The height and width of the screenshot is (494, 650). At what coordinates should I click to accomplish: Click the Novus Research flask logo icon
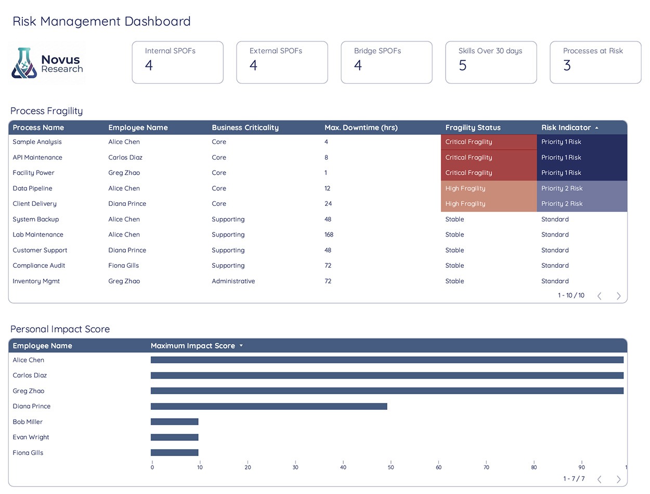pyautogui.click(x=24, y=63)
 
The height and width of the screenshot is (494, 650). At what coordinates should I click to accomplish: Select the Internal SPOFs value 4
pyautogui.click(x=149, y=65)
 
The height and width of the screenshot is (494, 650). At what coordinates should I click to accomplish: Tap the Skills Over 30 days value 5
pyautogui.click(x=462, y=65)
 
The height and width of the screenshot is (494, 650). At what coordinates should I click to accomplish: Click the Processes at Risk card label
pyautogui.click(x=593, y=51)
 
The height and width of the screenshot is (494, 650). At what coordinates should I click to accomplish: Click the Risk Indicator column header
pyautogui.click(x=566, y=127)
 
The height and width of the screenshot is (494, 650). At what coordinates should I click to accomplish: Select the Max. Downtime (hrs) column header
pyautogui.click(x=361, y=127)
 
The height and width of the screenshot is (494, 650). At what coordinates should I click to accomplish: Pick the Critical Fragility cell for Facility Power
pyautogui.click(x=489, y=173)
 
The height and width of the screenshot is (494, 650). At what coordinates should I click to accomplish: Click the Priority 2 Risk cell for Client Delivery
pyautogui.click(x=582, y=204)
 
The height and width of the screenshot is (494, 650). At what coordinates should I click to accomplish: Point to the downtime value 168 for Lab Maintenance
pyautogui.click(x=329, y=235)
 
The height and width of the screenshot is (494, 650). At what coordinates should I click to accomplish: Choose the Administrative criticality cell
pyautogui.click(x=233, y=281)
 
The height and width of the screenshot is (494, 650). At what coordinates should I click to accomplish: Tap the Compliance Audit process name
pyautogui.click(x=39, y=266)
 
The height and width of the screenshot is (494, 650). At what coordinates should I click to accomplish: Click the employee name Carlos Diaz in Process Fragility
pyautogui.click(x=125, y=158)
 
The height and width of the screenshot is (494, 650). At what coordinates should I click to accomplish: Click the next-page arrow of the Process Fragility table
pyautogui.click(x=619, y=296)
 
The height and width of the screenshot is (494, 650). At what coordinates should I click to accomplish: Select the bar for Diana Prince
pyautogui.click(x=269, y=407)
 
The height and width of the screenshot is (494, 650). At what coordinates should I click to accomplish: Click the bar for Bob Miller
pyautogui.click(x=174, y=422)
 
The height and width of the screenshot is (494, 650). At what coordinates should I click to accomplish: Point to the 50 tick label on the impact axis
pyautogui.click(x=391, y=467)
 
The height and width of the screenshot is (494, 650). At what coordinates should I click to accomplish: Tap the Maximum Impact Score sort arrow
pyautogui.click(x=241, y=345)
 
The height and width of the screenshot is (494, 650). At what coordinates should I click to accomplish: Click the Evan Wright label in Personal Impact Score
pyautogui.click(x=31, y=437)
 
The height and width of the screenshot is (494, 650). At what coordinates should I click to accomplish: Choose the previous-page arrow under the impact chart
pyautogui.click(x=600, y=479)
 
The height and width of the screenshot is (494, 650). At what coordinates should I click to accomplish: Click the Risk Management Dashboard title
pyautogui.click(x=101, y=21)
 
